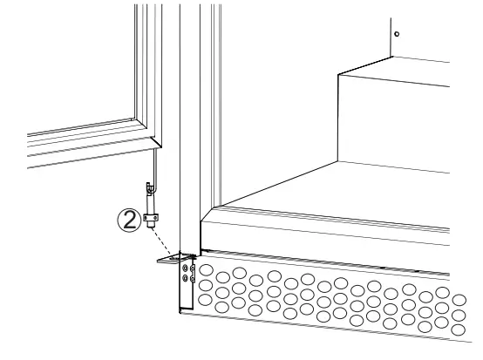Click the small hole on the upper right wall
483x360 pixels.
click(x=397, y=33)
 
